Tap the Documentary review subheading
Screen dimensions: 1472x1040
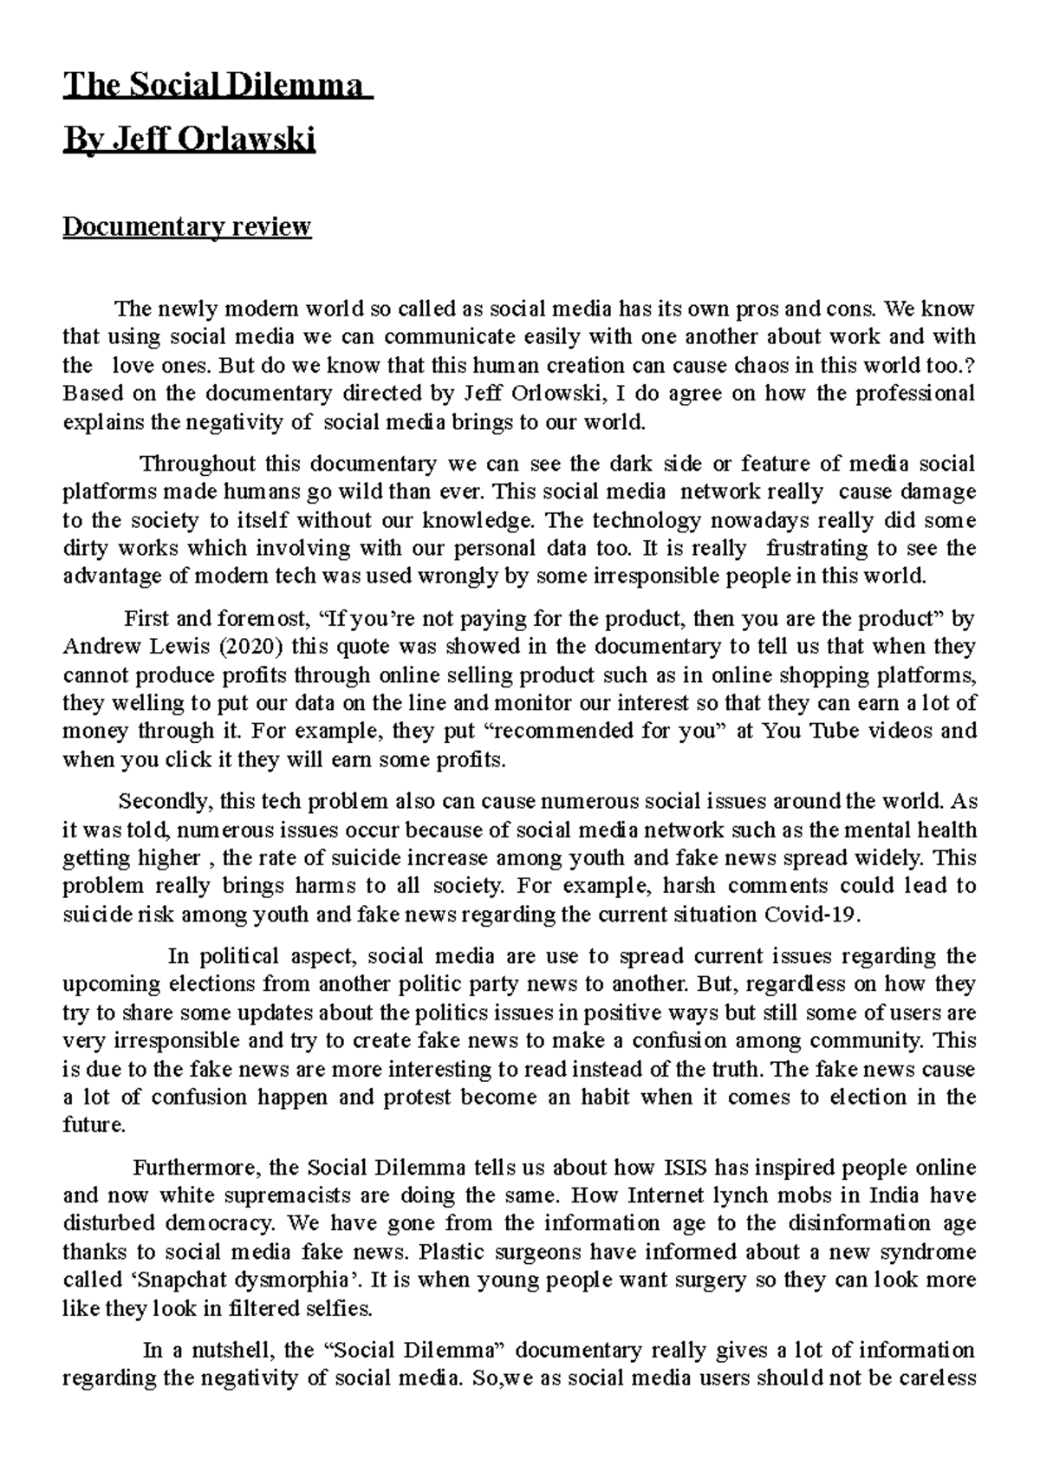pyautogui.click(x=186, y=227)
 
